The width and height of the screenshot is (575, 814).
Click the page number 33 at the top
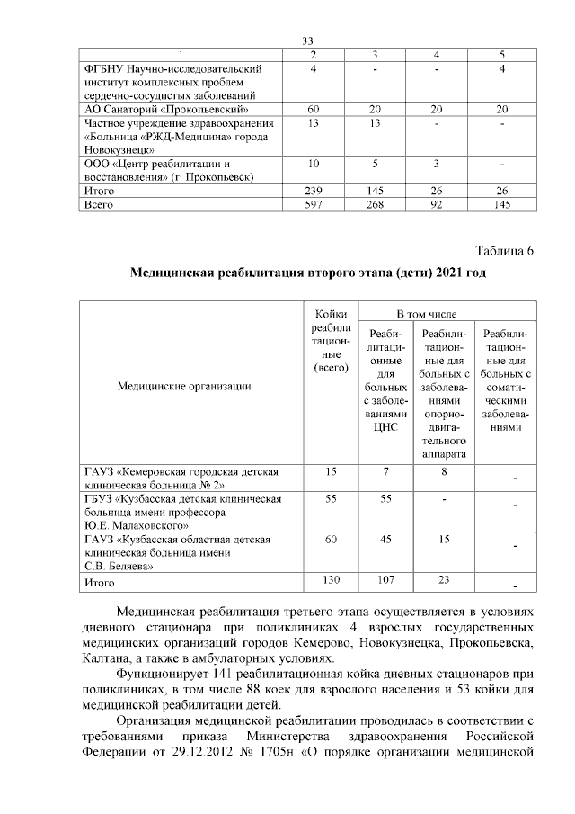(307, 40)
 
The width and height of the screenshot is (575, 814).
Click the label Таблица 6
(503, 250)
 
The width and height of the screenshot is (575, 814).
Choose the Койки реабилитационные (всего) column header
(325, 341)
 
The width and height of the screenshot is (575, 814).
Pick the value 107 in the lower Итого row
(385, 581)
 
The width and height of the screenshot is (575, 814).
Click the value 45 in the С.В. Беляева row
(385, 539)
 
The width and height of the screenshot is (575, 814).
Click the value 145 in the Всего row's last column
(503, 205)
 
